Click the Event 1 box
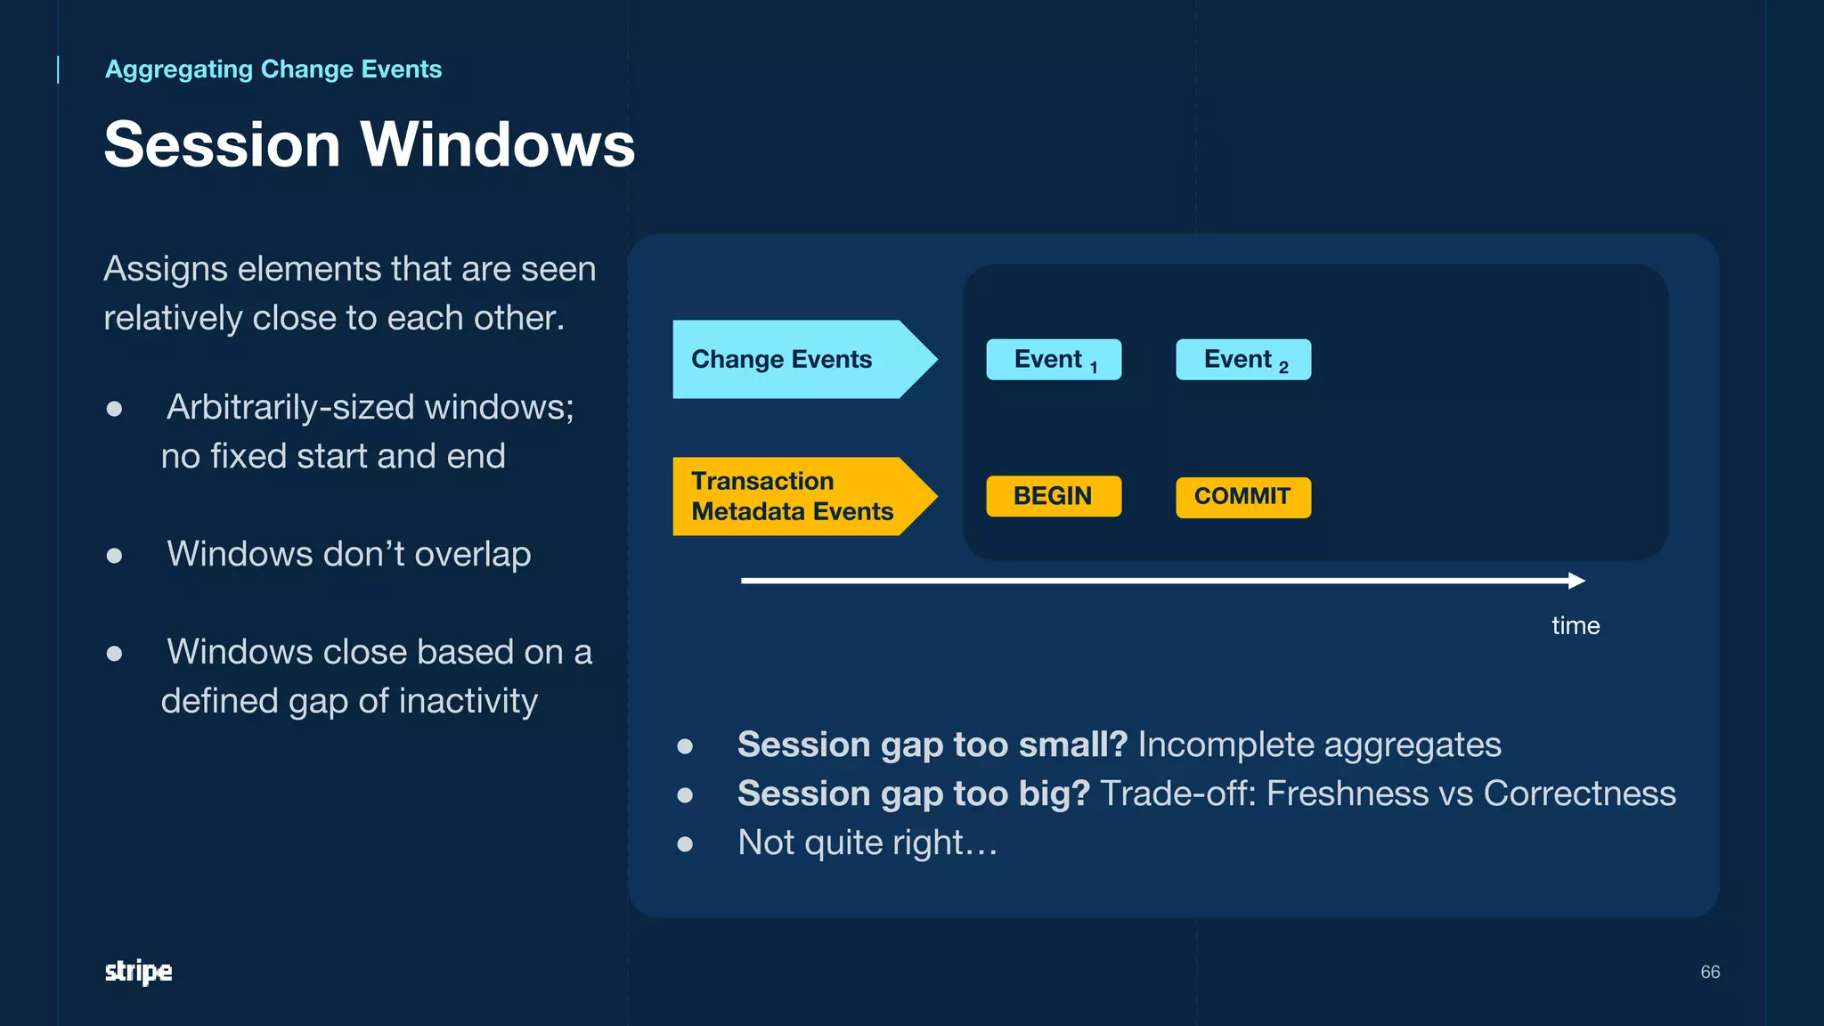click(1054, 360)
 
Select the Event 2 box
click(1243, 360)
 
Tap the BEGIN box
click(1054, 496)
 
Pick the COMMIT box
click(1243, 497)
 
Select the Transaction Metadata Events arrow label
click(793, 496)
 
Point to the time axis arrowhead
click(1577, 581)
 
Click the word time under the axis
click(1576, 625)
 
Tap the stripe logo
click(138, 971)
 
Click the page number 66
click(1710, 972)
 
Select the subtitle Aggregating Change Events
click(273, 69)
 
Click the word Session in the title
click(223, 144)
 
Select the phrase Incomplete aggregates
click(1319, 745)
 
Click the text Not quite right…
click(867, 843)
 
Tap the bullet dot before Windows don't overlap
click(114, 556)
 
